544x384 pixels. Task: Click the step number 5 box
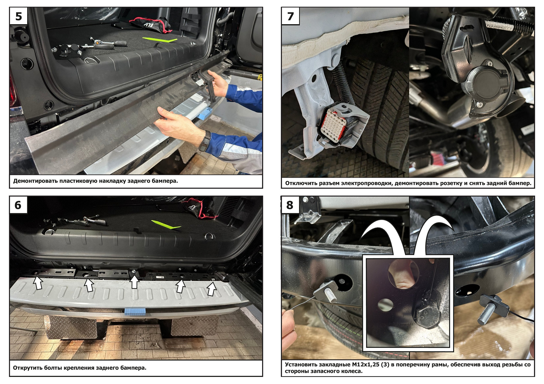tap(18, 16)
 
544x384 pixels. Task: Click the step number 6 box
tap(18, 205)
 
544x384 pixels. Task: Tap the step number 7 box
tap(290, 16)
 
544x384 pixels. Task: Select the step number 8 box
tap(290, 205)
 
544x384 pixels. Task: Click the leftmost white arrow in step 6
tap(38, 282)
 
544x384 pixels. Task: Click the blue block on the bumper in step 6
tap(135, 312)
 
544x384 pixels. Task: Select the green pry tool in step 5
tap(160, 40)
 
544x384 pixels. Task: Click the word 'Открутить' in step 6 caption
tap(26, 368)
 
